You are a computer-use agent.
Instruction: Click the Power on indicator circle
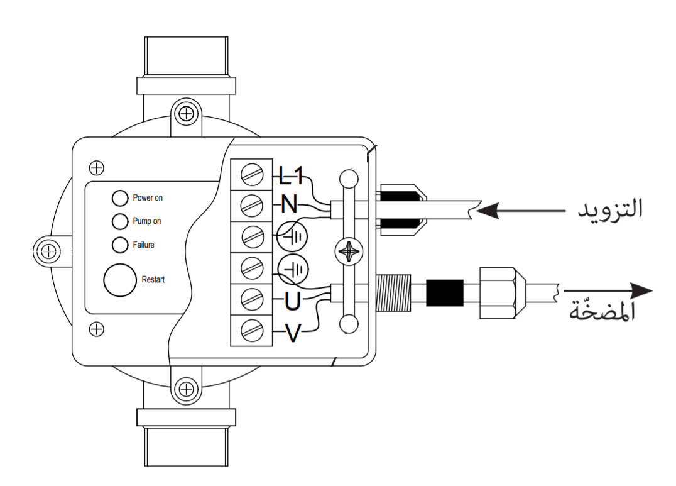point(120,198)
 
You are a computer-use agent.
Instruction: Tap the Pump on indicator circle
point(120,221)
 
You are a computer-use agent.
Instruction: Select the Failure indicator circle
point(120,245)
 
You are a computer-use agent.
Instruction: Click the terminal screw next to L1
point(252,175)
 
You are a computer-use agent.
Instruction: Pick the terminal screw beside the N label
point(252,206)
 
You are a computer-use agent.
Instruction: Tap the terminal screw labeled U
point(252,299)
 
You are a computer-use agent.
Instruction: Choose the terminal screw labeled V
point(252,331)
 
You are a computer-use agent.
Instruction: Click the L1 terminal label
point(291,175)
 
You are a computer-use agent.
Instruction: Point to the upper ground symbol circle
point(292,236)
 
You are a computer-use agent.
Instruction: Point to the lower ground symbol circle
point(293,270)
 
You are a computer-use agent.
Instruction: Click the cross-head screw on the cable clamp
point(349,251)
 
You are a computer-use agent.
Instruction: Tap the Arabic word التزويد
point(611,208)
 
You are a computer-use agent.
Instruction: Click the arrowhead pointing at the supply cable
point(487,211)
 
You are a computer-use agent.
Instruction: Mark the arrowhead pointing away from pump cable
point(641,290)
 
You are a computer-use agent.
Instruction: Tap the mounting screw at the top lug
point(186,114)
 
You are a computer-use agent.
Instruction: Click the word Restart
point(153,280)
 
